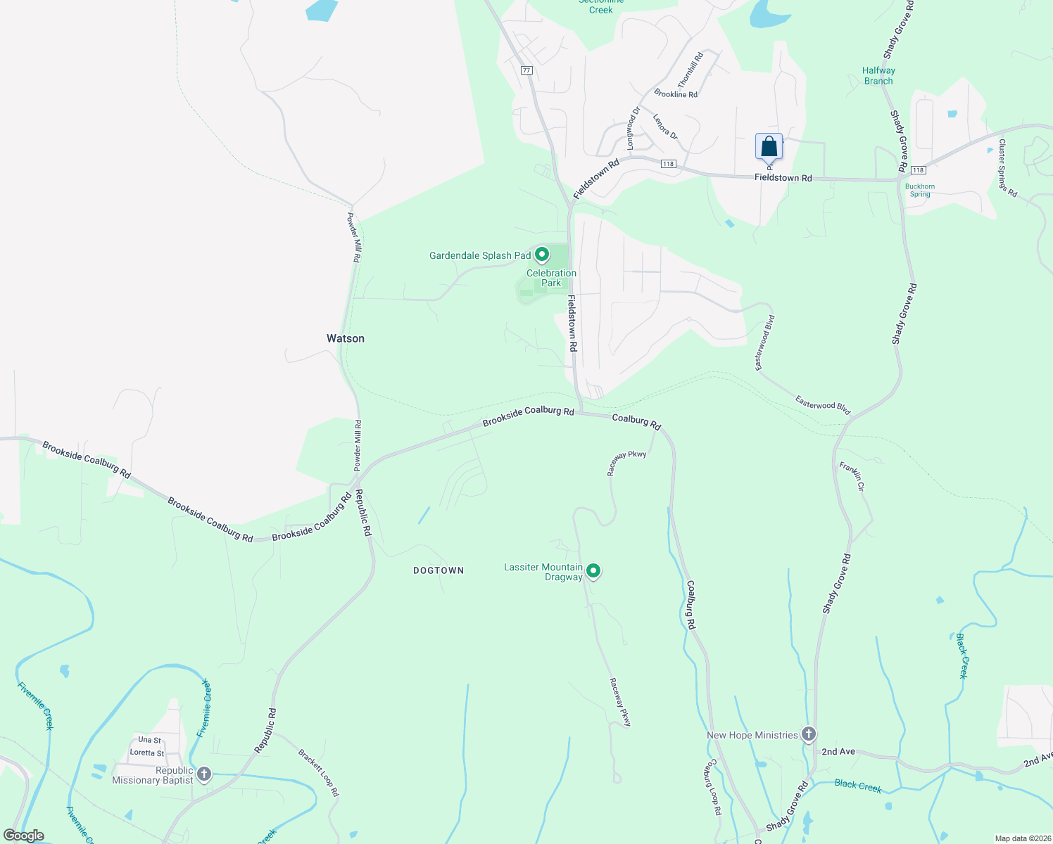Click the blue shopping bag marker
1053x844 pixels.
click(x=769, y=147)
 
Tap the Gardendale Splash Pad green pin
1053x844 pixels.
click(x=541, y=254)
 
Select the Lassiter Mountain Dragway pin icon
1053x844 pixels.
click(x=593, y=570)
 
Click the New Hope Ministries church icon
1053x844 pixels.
click(x=809, y=734)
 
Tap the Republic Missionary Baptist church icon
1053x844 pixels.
click(x=204, y=774)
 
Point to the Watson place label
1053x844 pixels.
click(x=346, y=338)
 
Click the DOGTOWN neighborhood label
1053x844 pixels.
click(x=439, y=570)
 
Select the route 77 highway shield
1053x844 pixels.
click(x=526, y=70)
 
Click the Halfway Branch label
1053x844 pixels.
click(x=878, y=75)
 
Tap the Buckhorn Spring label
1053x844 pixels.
click(x=920, y=191)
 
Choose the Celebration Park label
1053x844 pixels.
click(x=551, y=278)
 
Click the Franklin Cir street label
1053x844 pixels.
click(x=852, y=476)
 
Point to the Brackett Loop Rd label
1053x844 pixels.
click(x=319, y=772)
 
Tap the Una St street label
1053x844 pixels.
click(x=149, y=740)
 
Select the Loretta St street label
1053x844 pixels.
click(x=147, y=753)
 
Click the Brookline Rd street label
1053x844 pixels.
click(x=676, y=94)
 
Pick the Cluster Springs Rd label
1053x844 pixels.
click(x=1007, y=167)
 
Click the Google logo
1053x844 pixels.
click(x=24, y=836)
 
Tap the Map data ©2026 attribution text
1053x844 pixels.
click(x=1022, y=838)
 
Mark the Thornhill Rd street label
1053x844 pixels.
click(x=691, y=70)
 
